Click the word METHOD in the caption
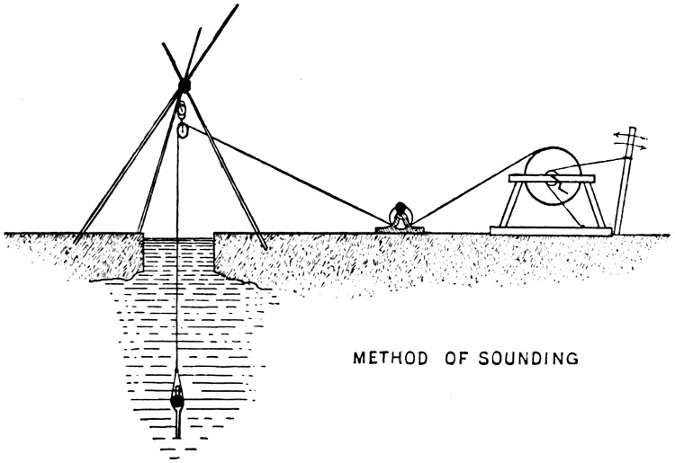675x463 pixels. coord(391,358)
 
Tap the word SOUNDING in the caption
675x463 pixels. coord(528,358)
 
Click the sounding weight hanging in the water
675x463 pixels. coord(177,394)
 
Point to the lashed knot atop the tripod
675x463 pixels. coord(184,85)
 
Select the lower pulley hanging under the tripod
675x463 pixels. coord(183,129)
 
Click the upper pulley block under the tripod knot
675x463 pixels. coord(182,110)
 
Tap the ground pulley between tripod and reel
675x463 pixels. coord(400,214)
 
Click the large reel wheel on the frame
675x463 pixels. coord(553,176)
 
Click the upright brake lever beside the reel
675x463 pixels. coord(625,181)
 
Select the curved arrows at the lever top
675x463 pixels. coord(630,140)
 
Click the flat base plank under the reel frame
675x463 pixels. coord(551,231)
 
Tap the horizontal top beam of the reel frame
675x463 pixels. coord(552,178)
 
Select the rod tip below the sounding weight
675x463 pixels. coord(177,437)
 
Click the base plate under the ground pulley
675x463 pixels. coord(400,230)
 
